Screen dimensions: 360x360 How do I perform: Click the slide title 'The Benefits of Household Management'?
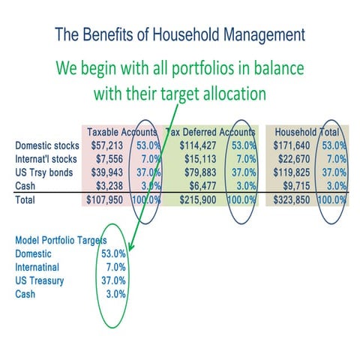pos(180,34)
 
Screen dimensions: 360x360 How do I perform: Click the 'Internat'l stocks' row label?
pos(46,158)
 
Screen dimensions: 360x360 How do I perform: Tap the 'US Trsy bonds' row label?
pos(43,172)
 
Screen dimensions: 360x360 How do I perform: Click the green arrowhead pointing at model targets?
pos(130,247)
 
